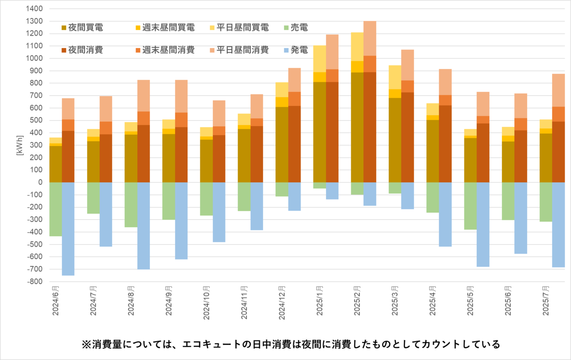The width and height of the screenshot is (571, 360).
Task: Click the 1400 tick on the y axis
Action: click(34, 9)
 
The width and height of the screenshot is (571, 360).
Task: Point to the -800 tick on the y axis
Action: click(33, 282)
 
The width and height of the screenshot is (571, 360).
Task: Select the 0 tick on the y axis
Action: click(40, 182)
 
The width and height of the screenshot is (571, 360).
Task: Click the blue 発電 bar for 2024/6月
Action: click(68, 229)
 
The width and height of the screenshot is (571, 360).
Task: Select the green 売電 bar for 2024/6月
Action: click(56, 209)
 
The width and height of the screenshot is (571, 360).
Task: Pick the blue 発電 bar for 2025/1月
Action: click(332, 191)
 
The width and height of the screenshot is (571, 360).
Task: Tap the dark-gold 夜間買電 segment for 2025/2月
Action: click(357, 127)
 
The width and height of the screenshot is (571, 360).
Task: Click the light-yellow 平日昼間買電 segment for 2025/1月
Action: click(320, 58)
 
